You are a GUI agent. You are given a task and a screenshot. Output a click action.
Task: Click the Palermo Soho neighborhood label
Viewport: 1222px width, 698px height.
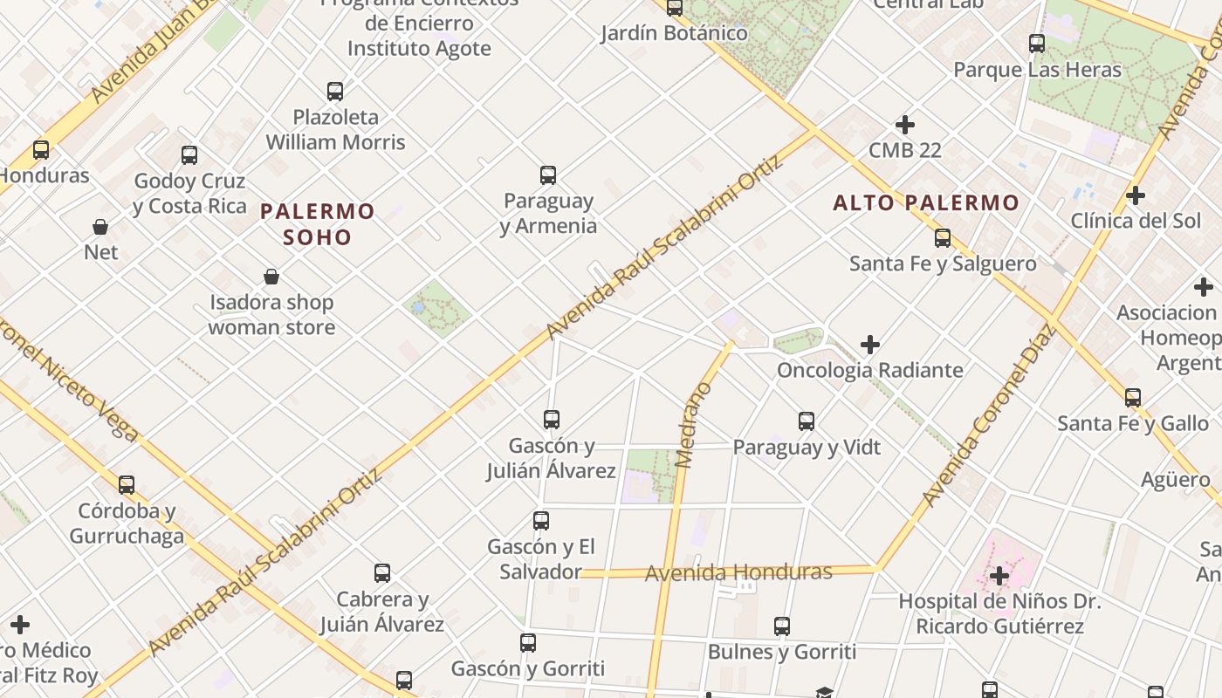(x=318, y=223)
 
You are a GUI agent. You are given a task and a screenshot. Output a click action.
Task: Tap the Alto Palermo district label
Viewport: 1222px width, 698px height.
(x=926, y=202)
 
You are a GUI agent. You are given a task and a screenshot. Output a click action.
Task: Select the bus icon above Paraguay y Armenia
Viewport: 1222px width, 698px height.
(x=548, y=175)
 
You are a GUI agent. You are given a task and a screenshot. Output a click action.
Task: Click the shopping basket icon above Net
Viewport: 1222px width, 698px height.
(x=100, y=227)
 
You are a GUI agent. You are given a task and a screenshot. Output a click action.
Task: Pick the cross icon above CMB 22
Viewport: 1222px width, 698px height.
(x=905, y=125)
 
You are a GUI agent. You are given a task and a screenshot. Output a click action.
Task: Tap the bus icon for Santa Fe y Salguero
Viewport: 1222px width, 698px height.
(x=943, y=237)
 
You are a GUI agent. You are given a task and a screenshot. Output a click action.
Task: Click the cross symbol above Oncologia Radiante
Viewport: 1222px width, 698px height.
(x=870, y=345)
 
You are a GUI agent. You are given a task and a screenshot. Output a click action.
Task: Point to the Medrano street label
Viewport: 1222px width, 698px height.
(x=695, y=425)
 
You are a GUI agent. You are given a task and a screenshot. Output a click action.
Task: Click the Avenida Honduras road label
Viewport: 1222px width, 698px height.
(x=738, y=572)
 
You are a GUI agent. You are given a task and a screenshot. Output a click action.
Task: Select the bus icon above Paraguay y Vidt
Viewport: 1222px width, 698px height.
(x=807, y=421)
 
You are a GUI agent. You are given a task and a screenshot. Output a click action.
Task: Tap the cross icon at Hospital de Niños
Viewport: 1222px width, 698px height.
(x=999, y=576)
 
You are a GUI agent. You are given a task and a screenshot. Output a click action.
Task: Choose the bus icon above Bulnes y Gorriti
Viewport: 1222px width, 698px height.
(x=782, y=626)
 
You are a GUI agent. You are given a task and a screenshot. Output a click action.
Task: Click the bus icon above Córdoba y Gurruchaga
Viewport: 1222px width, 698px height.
(x=127, y=485)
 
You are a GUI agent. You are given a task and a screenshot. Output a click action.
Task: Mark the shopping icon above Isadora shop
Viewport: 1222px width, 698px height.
(x=271, y=277)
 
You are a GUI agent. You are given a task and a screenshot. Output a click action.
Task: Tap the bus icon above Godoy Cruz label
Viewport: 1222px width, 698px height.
(x=189, y=155)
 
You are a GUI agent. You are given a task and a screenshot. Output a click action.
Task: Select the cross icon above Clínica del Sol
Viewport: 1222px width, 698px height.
(x=1136, y=195)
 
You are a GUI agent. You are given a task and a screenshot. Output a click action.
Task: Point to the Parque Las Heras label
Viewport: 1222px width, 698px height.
(x=1037, y=70)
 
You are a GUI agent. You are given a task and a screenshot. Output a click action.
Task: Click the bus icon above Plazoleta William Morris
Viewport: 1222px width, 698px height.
(x=335, y=91)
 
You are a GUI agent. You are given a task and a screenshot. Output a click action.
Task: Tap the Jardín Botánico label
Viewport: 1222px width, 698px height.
(x=674, y=33)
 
